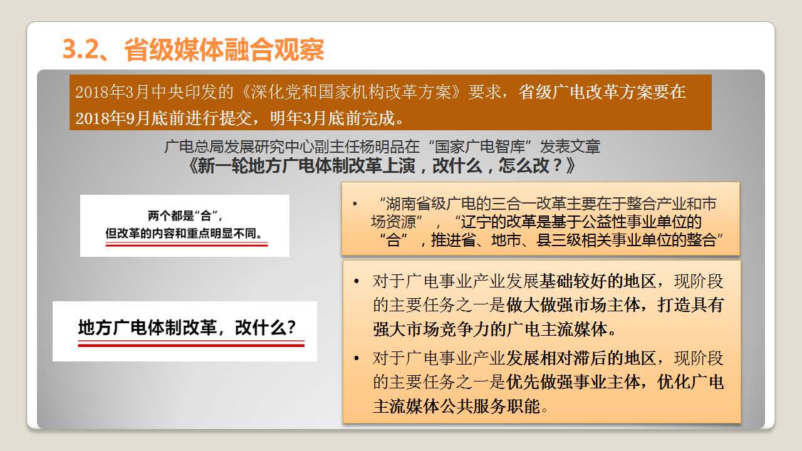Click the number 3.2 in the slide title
(x=81, y=49)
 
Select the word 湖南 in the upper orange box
(x=401, y=204)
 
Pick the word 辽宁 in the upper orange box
(x=475, y=222)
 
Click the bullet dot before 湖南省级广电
(x=355, y=204)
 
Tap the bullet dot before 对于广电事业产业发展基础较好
(x=357, y=281)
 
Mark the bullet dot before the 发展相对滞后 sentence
(x=357, y=358)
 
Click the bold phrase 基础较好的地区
(x=597, y=281)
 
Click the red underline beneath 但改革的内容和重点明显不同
(x=187, y=244)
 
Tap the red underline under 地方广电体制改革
(x=191, y=344)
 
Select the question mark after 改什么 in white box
(x=292, y=327)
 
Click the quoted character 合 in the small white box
(x=206, y=216)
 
